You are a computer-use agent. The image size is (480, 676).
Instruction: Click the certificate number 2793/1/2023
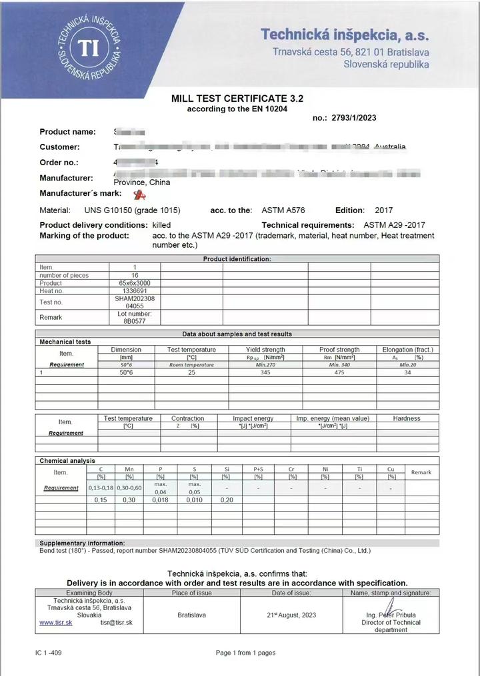(353, 118)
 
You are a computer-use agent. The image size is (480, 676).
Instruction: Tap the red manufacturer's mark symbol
(139, 194)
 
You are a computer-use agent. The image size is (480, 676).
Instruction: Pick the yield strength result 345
(265, 373)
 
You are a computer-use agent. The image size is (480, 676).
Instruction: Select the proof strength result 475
(339, 373)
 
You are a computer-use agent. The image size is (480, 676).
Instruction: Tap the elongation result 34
(407, 373)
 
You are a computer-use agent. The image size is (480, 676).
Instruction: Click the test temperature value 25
(191, 373)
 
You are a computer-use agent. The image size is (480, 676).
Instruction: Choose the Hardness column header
(407, 418)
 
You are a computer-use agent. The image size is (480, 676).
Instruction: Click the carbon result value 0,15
(101, 500)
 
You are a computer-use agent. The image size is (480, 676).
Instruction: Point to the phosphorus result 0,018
(160, 500)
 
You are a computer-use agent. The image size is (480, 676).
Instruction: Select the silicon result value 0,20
(226, 500)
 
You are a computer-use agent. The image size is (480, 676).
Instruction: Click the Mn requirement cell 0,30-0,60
(129, 488)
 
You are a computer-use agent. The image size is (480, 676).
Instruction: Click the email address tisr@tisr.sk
(117, 622)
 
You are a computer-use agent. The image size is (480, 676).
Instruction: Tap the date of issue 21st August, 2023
(291, 615)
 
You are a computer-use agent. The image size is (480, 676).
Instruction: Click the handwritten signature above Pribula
(393, 607)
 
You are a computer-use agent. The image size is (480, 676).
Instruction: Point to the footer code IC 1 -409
(49, 653)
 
